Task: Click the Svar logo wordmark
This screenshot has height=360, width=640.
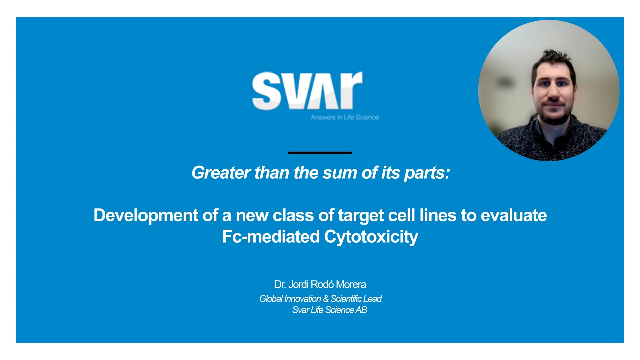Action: coord(307,91)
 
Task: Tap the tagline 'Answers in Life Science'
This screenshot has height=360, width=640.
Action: coord(345,117)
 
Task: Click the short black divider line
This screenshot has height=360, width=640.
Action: coord(320,153)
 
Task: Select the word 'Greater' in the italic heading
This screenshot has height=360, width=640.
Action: coord(221,173)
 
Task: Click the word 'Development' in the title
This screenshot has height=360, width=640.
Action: coord(146,216)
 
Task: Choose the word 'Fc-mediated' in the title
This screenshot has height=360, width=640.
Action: coord(271,237)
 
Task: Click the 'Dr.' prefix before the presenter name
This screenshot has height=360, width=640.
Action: coord(280,284)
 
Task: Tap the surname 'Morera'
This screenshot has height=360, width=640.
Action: coord(351,284)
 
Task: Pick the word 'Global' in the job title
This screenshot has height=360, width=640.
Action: coord(271,299)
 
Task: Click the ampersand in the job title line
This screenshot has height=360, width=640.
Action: coord(326,299)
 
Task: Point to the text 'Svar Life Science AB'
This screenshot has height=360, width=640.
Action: coord(330,310)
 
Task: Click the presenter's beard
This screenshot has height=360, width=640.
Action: coord(554,113)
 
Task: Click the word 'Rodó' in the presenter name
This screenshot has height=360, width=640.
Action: coord(322,284)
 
